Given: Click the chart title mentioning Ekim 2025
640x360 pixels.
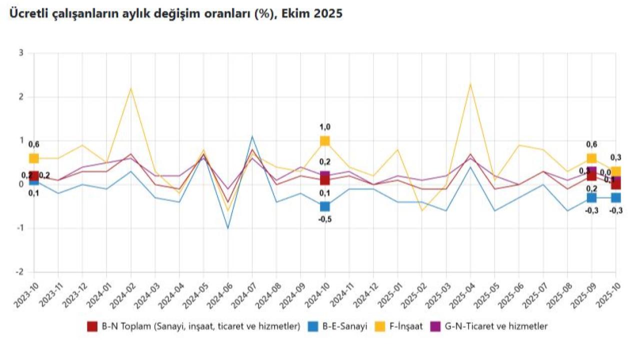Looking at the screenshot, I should (x=174, y=14).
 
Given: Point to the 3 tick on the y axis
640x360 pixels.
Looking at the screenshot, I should (x=21, y=53).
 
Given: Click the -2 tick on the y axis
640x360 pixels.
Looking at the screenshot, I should (x=20, y=272).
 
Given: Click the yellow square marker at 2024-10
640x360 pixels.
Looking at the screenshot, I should (x=325, y=141).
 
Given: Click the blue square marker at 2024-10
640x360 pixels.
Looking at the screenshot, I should (x=325, y=206).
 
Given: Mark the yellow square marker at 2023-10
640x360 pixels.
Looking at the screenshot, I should (x=34, y=158).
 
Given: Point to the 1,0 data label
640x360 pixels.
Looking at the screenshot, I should (x=325, y=127).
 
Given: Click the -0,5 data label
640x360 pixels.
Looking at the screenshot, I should (x=325, y=219).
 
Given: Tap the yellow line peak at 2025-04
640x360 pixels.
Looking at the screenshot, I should (x=470, y=84).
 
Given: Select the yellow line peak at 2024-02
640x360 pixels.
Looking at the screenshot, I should (x=131, y=88).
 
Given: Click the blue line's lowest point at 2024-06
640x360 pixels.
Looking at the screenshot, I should (x=228, y=228).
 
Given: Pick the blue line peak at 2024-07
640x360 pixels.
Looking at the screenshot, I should (x=252, y=136).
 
